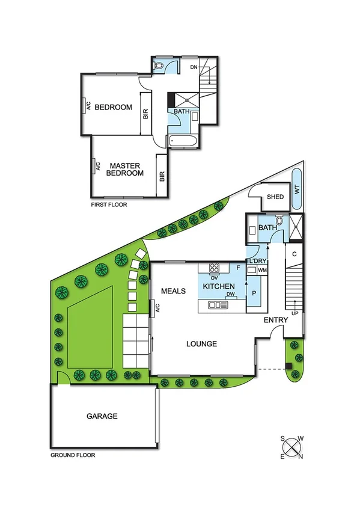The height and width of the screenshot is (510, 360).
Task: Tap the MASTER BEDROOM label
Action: coord(125,169)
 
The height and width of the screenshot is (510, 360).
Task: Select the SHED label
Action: coord(275,197)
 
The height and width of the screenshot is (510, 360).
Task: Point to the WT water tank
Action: coord(297,189)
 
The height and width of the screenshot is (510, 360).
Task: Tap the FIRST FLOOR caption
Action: coord(108,204)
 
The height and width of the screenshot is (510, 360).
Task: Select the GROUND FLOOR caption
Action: coord(73,455)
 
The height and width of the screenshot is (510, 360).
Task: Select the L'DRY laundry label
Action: coord(257,260)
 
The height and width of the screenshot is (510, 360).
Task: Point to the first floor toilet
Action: coord(161,66)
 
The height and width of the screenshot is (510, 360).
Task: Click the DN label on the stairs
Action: coord(193,67)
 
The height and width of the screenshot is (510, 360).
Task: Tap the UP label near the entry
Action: coord(294,313)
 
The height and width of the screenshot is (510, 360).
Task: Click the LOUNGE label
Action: coord(201,344)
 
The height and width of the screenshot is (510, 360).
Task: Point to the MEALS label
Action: coord(173,291)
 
